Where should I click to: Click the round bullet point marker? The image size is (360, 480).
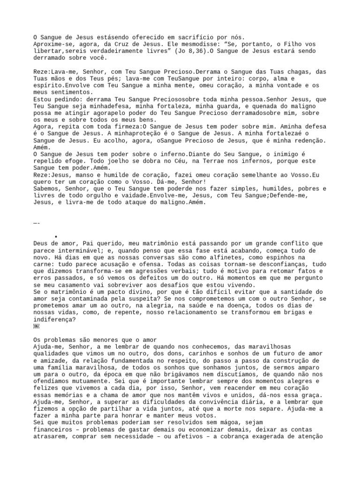pyautogui.click(x=56, y=236)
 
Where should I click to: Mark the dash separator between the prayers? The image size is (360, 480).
pyautogui.click(x=37, y=223)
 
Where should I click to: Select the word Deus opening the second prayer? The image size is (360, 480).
pyautogui.click(x=41, y=243)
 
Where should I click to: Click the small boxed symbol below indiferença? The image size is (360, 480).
pyautogui.click(x=37, y=326)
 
